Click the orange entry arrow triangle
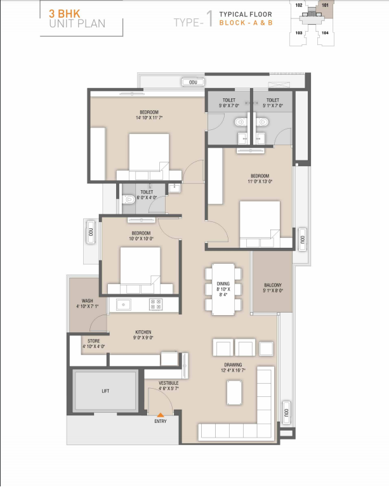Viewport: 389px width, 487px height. click(161, 415)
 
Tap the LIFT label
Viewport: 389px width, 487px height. click(105, 391)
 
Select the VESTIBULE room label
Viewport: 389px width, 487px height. click(169, 383)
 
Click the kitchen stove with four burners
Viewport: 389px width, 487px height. click(155, 304)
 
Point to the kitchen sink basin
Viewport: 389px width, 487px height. click(123, 304)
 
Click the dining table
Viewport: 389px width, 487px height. click(223, 289)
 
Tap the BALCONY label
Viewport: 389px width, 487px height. click(273, 285)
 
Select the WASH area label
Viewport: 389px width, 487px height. click(88, 301)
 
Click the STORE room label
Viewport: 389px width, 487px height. click(93, 341)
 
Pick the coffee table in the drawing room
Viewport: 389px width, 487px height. click(234, 393)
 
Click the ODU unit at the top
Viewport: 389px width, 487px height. click(193, 82)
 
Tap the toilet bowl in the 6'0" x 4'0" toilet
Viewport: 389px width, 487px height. click(128, 199)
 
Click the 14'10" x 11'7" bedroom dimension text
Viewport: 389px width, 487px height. click(149, 118)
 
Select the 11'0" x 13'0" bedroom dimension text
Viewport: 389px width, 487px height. click(260, 181)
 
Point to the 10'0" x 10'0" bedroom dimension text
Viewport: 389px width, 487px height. click(141, 238)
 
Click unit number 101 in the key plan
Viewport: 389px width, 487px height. click(325, 5)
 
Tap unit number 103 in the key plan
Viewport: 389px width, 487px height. click(299, 32)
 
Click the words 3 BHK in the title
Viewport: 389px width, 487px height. click(65, 14)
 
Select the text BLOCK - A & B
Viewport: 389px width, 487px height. click(246, 23)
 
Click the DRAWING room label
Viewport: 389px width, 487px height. click(233, 365)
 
